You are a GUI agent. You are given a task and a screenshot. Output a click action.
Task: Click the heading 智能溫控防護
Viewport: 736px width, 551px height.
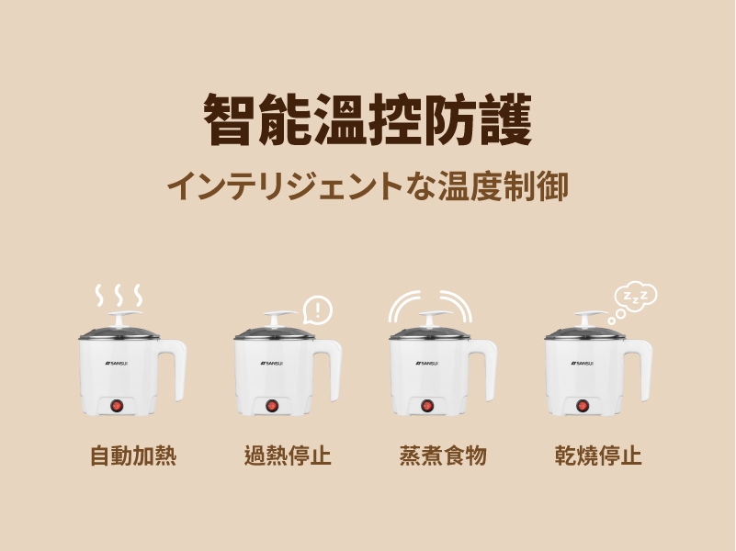point(368,119)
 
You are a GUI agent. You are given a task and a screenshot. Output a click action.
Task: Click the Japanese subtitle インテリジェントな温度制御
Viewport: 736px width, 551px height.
point(368,186)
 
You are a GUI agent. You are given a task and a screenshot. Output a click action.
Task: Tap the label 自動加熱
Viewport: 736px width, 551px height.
point(133,455)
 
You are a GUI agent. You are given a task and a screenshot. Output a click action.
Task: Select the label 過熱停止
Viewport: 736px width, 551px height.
point(288,455)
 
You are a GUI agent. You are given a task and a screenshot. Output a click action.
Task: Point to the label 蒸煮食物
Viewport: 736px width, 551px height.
point(443,455)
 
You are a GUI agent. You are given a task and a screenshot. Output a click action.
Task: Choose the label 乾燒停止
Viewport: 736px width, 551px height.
point(598,455)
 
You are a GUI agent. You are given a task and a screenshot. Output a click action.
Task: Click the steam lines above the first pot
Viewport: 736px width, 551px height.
point(119,295)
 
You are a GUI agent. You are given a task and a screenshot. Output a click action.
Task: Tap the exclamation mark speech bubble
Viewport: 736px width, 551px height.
point(318,310)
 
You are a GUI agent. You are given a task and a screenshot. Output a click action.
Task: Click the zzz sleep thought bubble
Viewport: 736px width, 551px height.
point(634,301)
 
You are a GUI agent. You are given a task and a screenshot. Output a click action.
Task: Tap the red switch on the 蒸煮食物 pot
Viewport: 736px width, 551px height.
point(426,406)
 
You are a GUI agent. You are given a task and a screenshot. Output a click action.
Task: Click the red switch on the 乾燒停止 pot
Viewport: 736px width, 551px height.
point(582,406)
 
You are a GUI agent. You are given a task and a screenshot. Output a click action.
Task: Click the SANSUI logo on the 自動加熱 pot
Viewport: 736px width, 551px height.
point(116,363)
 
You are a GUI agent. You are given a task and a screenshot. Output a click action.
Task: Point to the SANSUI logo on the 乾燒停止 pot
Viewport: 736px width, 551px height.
point(582,363)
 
